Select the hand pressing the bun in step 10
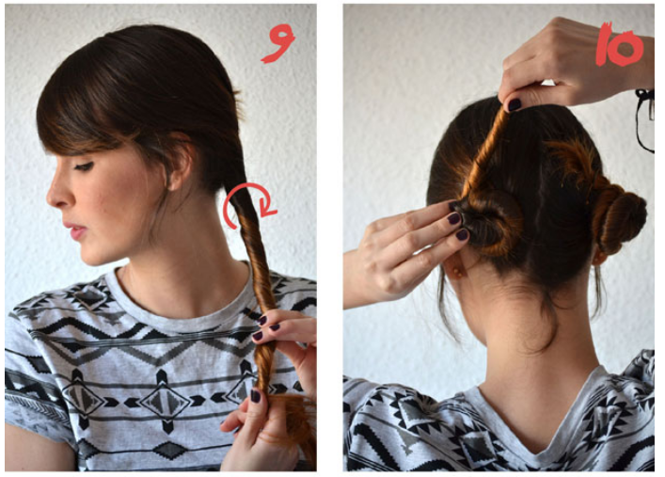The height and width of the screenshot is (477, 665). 404,249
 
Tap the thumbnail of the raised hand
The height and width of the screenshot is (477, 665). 515,104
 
